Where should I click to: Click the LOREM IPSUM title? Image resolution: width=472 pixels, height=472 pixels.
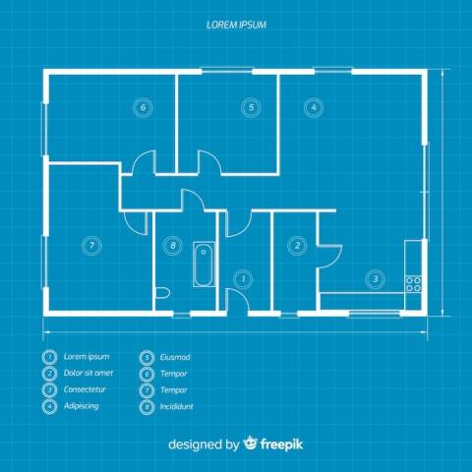[x=236, y=25]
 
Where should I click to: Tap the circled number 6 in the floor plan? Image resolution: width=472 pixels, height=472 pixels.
[x=143, y=107]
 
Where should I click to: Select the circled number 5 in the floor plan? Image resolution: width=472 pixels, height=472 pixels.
[x=251, y=107]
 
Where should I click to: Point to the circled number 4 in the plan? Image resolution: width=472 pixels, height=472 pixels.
[x=314, y=107]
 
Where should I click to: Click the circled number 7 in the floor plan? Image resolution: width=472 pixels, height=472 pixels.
[x=91, y=246]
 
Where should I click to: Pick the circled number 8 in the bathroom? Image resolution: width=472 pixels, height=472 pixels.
[x=173, y=246]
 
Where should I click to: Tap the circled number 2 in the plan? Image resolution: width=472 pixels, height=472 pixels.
[x=297, y=246]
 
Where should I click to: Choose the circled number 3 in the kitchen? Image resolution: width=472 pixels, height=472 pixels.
[x=376, y=279]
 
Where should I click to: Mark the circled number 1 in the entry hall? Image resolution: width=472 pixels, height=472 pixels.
[x=243, y=279]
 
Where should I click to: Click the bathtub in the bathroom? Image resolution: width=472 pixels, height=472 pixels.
[x=204, y=265]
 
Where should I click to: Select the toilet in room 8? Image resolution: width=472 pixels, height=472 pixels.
[x=162, y=293]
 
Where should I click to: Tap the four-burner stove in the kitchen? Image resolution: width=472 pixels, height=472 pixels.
[x=413, y=284]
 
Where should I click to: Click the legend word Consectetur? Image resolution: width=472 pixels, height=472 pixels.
[x=85, y=389]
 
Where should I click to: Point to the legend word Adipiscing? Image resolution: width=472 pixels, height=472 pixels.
[x=82, y=406]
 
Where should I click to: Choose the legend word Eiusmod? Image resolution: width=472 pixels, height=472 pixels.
[x=175, y=357]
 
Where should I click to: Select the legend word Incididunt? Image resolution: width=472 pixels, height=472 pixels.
[x=177, y=406]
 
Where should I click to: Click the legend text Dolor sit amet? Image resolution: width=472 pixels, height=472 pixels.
[x=88, y=373]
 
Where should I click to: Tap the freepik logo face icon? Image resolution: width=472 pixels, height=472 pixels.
[x=251, y=443]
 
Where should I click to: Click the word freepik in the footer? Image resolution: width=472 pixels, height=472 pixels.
[x=281, y=444]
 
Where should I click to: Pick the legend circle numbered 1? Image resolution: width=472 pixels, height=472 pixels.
[x=49, y=357]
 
